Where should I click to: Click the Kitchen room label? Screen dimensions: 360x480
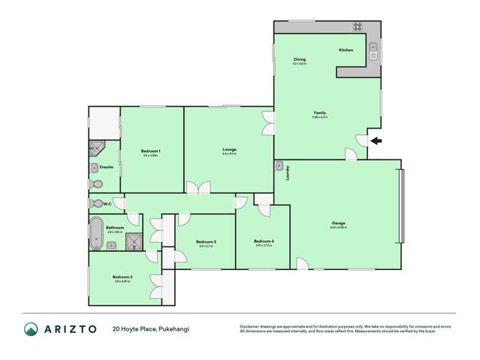346,50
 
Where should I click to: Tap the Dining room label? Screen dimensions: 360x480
299,59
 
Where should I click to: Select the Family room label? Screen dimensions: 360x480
319,113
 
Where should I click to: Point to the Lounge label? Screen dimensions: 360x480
229,150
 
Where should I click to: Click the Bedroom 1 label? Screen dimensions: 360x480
150,151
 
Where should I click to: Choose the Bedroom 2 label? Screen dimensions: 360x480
122,277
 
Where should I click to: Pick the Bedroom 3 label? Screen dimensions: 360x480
207,242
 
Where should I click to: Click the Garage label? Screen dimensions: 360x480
339,222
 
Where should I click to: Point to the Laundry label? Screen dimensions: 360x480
288,172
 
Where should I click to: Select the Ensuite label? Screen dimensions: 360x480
106,167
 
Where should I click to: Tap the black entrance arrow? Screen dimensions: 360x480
376,141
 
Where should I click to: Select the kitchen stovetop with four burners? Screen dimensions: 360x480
358,27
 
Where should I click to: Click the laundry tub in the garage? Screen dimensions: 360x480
279,165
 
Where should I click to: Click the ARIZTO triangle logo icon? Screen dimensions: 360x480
32,328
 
